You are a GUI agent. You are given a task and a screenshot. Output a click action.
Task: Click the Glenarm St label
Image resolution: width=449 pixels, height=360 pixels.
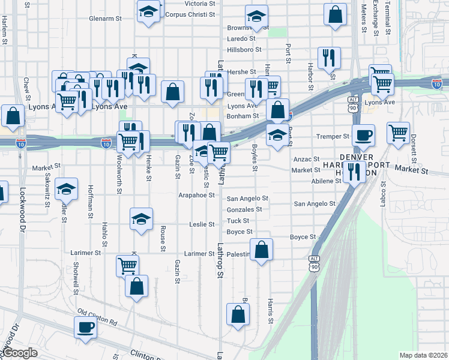105,19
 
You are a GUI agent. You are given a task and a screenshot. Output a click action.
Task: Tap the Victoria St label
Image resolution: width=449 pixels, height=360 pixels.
199,4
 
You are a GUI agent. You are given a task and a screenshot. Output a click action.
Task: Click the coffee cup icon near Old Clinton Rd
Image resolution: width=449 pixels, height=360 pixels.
85,327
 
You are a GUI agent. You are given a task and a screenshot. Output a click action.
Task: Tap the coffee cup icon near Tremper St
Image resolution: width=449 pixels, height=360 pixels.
363,135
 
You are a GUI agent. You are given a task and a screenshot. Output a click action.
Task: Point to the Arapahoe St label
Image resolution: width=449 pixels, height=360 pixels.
196,195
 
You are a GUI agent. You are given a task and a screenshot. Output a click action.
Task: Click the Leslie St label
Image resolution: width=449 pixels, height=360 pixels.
202,224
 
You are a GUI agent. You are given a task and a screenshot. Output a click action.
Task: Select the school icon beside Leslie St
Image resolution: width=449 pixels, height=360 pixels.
141,219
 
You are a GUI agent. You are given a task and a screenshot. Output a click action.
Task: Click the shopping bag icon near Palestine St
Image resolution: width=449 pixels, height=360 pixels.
261,250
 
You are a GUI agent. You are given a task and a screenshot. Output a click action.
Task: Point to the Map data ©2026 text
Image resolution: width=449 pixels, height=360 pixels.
423,355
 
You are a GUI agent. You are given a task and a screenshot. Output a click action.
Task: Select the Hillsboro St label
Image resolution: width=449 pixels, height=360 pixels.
244,50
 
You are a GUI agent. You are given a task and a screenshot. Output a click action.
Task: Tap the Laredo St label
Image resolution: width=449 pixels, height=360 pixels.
241,38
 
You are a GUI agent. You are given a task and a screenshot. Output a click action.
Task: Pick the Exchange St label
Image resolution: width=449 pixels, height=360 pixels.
375,18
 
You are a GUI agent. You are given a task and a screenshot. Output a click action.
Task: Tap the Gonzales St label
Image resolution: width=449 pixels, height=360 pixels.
244,209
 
